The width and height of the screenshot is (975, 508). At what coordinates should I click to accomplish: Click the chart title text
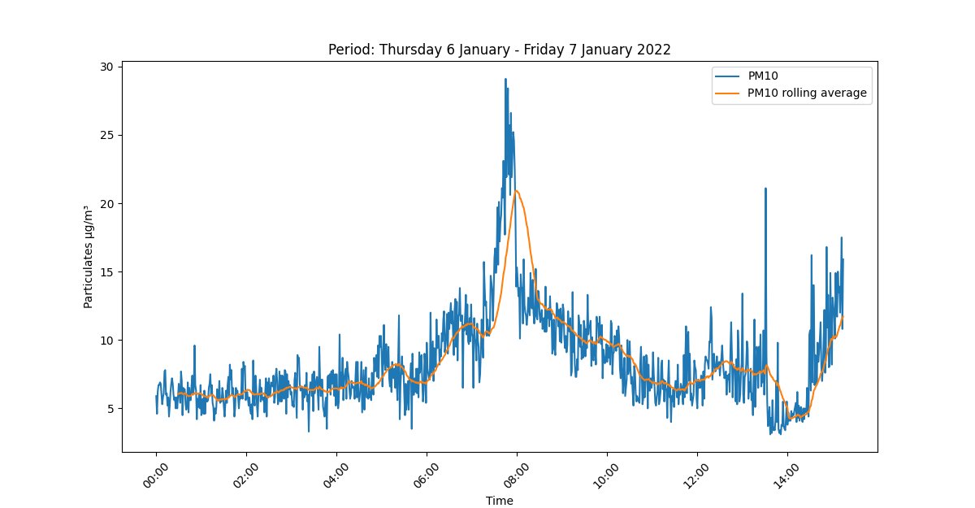[x=499, y=49]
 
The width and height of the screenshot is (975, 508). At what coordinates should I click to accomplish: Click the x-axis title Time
[x=499, y=501]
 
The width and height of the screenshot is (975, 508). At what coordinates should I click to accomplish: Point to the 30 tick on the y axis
[x=106, y=66]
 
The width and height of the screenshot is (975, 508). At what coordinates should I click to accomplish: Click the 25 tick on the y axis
[x=106, y=135]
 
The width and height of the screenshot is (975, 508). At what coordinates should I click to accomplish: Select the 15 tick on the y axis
[x=106, y=271]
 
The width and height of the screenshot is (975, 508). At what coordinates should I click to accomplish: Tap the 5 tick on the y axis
[x=110, y=408]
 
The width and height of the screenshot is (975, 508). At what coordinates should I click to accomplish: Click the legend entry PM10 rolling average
[x=807, y=93]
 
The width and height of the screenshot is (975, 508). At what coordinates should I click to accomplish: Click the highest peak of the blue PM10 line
[x=505, y=80]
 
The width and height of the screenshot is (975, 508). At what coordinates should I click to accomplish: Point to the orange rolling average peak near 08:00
[x=516, y=190]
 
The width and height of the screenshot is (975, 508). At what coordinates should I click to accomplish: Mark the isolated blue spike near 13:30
[x=765, y=189]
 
